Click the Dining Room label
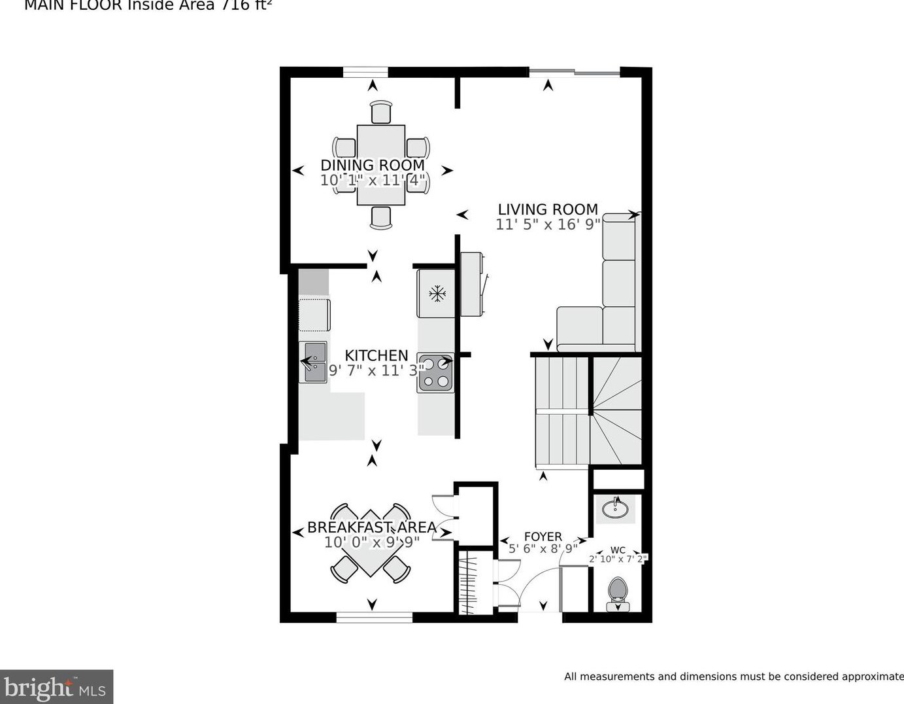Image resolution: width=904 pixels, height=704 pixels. pos(372,165)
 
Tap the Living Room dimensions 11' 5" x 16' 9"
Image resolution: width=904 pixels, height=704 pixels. pos(547,224)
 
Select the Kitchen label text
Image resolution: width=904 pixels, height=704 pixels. pos(376,355)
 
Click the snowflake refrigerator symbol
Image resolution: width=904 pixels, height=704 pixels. pos(437,293)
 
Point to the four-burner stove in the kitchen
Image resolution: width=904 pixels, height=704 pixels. pos(436,373)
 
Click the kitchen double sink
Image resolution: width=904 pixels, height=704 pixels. pos(313,362)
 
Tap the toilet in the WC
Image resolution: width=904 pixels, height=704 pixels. pos(618,592)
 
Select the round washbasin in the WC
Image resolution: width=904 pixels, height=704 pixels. pos(615,508)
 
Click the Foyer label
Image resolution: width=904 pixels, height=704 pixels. pos(543,537)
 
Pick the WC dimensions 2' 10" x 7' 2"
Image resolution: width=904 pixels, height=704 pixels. pos(618,559)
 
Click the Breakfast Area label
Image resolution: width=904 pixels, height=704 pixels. pos(371,527)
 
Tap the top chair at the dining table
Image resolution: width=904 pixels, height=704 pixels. pos(380,112)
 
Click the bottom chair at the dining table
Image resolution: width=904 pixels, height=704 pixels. pos(380,217)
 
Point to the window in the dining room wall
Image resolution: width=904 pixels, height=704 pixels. pos(365,72)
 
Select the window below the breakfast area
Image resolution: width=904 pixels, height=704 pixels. pos(374,617)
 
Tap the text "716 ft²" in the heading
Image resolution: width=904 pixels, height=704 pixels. pos(246,6)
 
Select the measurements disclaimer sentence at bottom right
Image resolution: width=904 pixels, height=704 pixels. pos(733,677)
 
